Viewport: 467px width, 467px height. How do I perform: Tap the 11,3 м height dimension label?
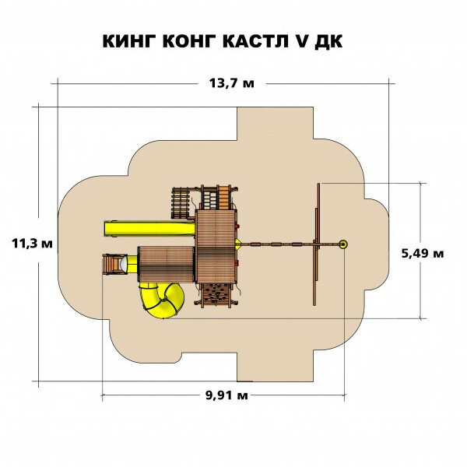coord(33,244)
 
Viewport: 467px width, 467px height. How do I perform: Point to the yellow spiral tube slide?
coord(161,299)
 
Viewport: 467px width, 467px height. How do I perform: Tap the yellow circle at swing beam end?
coord(343,244)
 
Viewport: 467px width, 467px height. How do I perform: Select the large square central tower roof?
coord(216,245)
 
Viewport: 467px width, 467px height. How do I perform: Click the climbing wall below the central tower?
coord(216,293)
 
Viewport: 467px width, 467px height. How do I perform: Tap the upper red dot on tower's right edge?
coord(238,228)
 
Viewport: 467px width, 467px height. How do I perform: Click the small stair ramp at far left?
coord(113,263)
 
